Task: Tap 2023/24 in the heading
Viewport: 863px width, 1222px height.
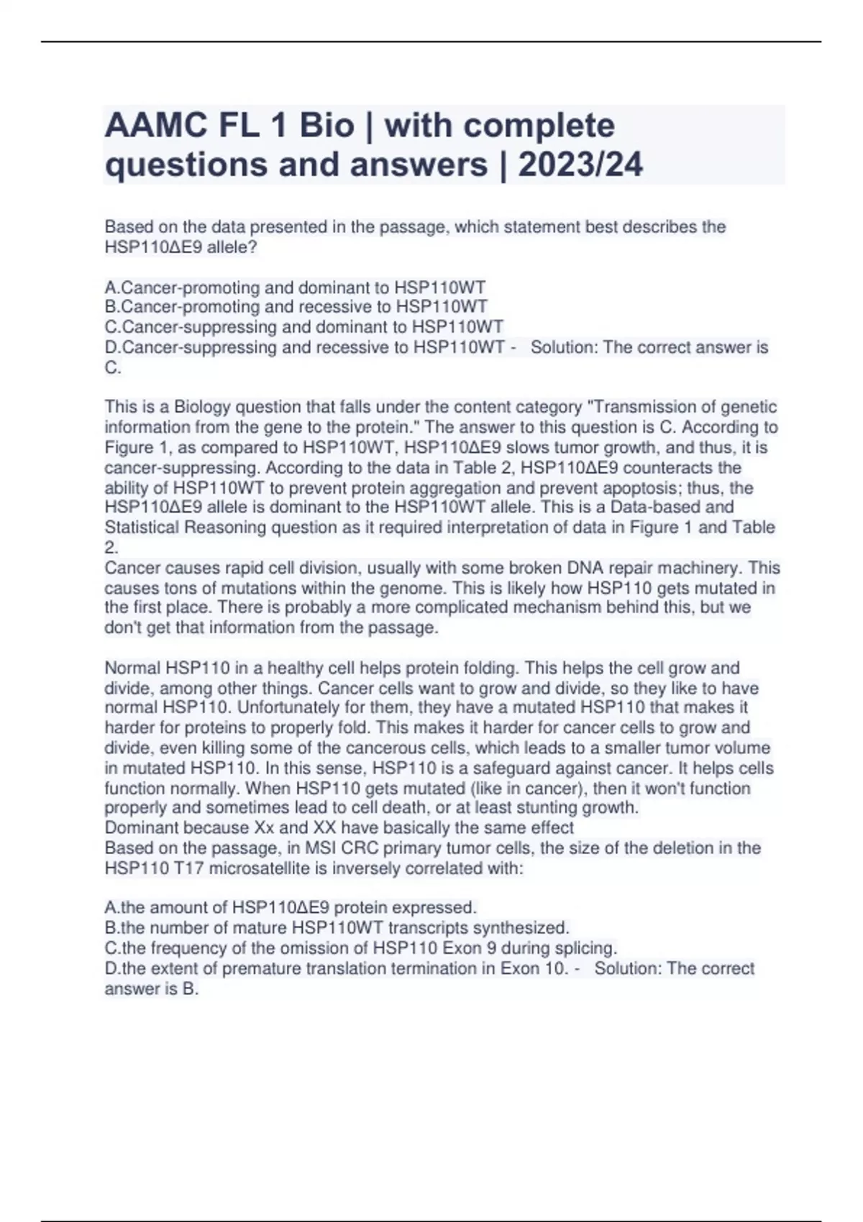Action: [580, 165]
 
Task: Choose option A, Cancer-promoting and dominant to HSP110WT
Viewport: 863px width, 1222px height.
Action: [295, 288]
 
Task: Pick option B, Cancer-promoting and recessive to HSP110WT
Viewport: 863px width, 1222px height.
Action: [296, 307]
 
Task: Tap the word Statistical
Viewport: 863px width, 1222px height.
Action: [142, 528]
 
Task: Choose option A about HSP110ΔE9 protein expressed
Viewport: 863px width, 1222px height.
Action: [291, 908]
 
